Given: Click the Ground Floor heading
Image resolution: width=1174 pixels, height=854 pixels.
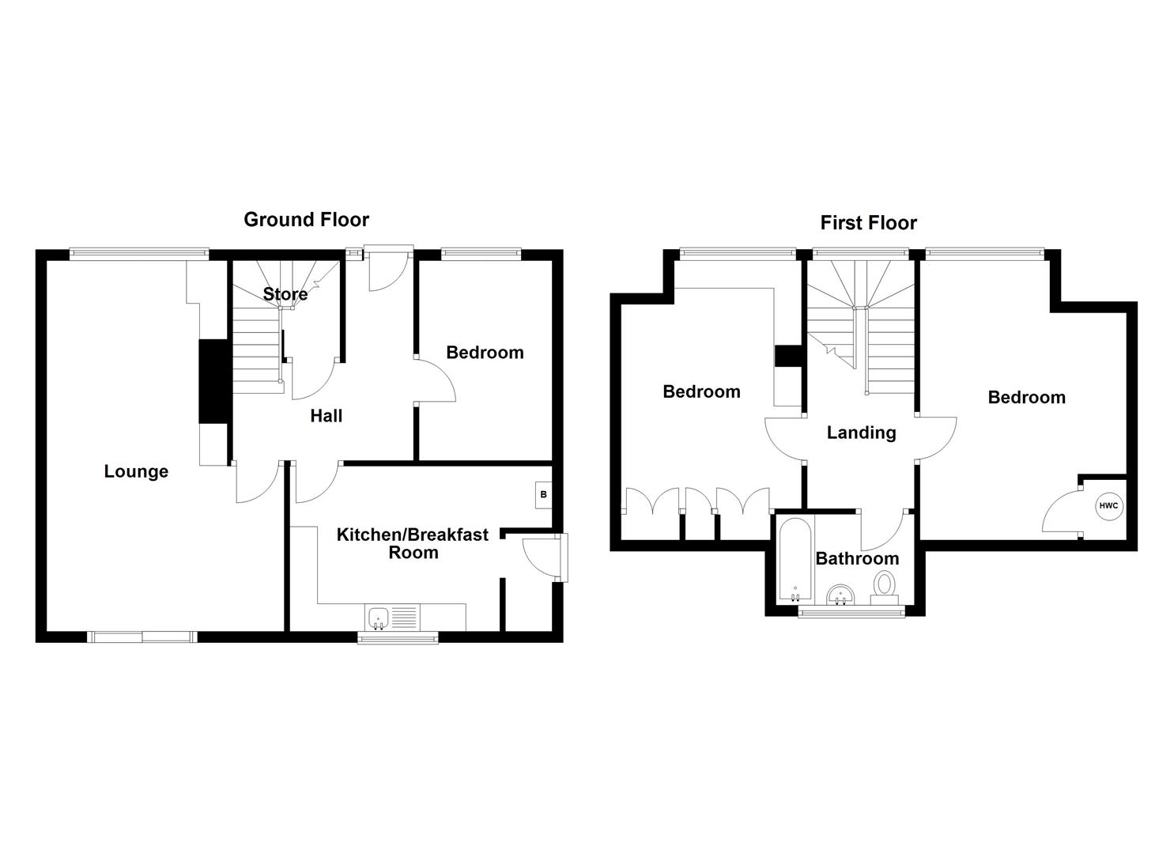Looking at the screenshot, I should pyautogui.click(x=306, y=219).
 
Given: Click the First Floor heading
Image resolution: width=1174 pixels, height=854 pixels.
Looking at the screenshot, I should pyautogui.click(x=868, y=223).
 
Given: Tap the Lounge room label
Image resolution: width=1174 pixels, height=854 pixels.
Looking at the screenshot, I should pyautogui.click(x=136, y=472).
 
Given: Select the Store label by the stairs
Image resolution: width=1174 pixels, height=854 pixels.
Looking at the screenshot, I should pyautogui.click(x=285, y=294).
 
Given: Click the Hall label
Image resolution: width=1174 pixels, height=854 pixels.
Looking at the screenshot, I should pyautogui.click(x=326, y=416).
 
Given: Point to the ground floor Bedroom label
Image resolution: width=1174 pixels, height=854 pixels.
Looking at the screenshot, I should pyautogui.click(x=485, y=353).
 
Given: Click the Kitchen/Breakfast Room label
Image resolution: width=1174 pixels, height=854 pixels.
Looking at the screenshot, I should pyautogui.click(x=413, y=543).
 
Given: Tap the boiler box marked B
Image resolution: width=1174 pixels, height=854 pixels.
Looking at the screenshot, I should pyautogui.click(x=543, y=495).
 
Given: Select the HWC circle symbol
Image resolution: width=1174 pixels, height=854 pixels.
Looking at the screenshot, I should pyautogui.click(x=1108, y=506).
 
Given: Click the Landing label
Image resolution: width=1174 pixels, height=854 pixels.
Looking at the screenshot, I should pyautogui.click(x=861, y=433).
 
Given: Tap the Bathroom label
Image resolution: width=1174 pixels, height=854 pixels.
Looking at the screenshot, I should pyautogui.click(x=857, y=558).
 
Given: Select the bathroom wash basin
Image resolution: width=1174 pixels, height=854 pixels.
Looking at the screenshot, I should pyautogui.click(x=840, y=594).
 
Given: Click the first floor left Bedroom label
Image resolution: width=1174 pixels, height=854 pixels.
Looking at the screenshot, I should pyautogui.click(x=701, y=391).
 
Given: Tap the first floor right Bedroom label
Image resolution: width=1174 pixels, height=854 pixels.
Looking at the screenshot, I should pyautogui.click(x=1026, y=397).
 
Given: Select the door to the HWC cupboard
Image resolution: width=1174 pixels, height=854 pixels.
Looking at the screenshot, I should pyautogui.click(x=1061, y=515).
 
